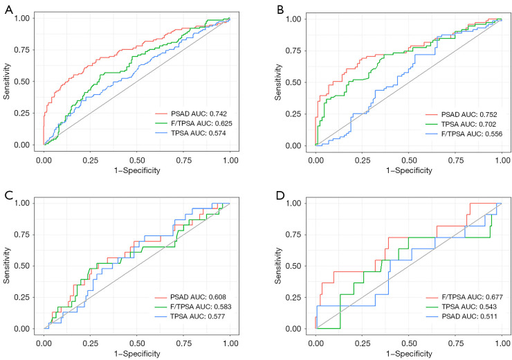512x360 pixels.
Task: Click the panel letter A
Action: [x=9, y=10]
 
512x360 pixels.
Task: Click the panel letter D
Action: [x=280, y=196]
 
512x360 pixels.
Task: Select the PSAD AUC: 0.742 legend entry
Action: [x=191, y=114]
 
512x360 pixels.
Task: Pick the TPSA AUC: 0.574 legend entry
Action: [x=190, y=133]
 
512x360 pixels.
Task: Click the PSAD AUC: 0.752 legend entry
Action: [x=461, y=115]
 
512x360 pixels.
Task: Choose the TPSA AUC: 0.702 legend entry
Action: [x=461, y=124]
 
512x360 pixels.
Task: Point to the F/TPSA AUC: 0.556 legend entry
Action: [x=464, y=134]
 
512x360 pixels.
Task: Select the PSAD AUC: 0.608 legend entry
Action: [x=190, y=297]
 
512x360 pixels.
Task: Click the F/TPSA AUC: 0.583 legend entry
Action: [x=193, y=307]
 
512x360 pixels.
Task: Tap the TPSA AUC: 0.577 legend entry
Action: [x=190, y=316]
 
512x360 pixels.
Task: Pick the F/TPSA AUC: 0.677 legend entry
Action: [x=464, y=297]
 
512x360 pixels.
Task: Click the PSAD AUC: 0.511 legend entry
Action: [x=461, y=316]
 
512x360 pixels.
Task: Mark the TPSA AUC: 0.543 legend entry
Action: [x=461, y=307]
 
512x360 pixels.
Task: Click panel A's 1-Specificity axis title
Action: [x=137, y=170]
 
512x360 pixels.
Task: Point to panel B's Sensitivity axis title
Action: [x=278, y=82]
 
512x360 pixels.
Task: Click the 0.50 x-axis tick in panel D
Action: [x=409, y=343]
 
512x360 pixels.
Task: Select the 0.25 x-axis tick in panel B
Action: [x=363, y=161]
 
